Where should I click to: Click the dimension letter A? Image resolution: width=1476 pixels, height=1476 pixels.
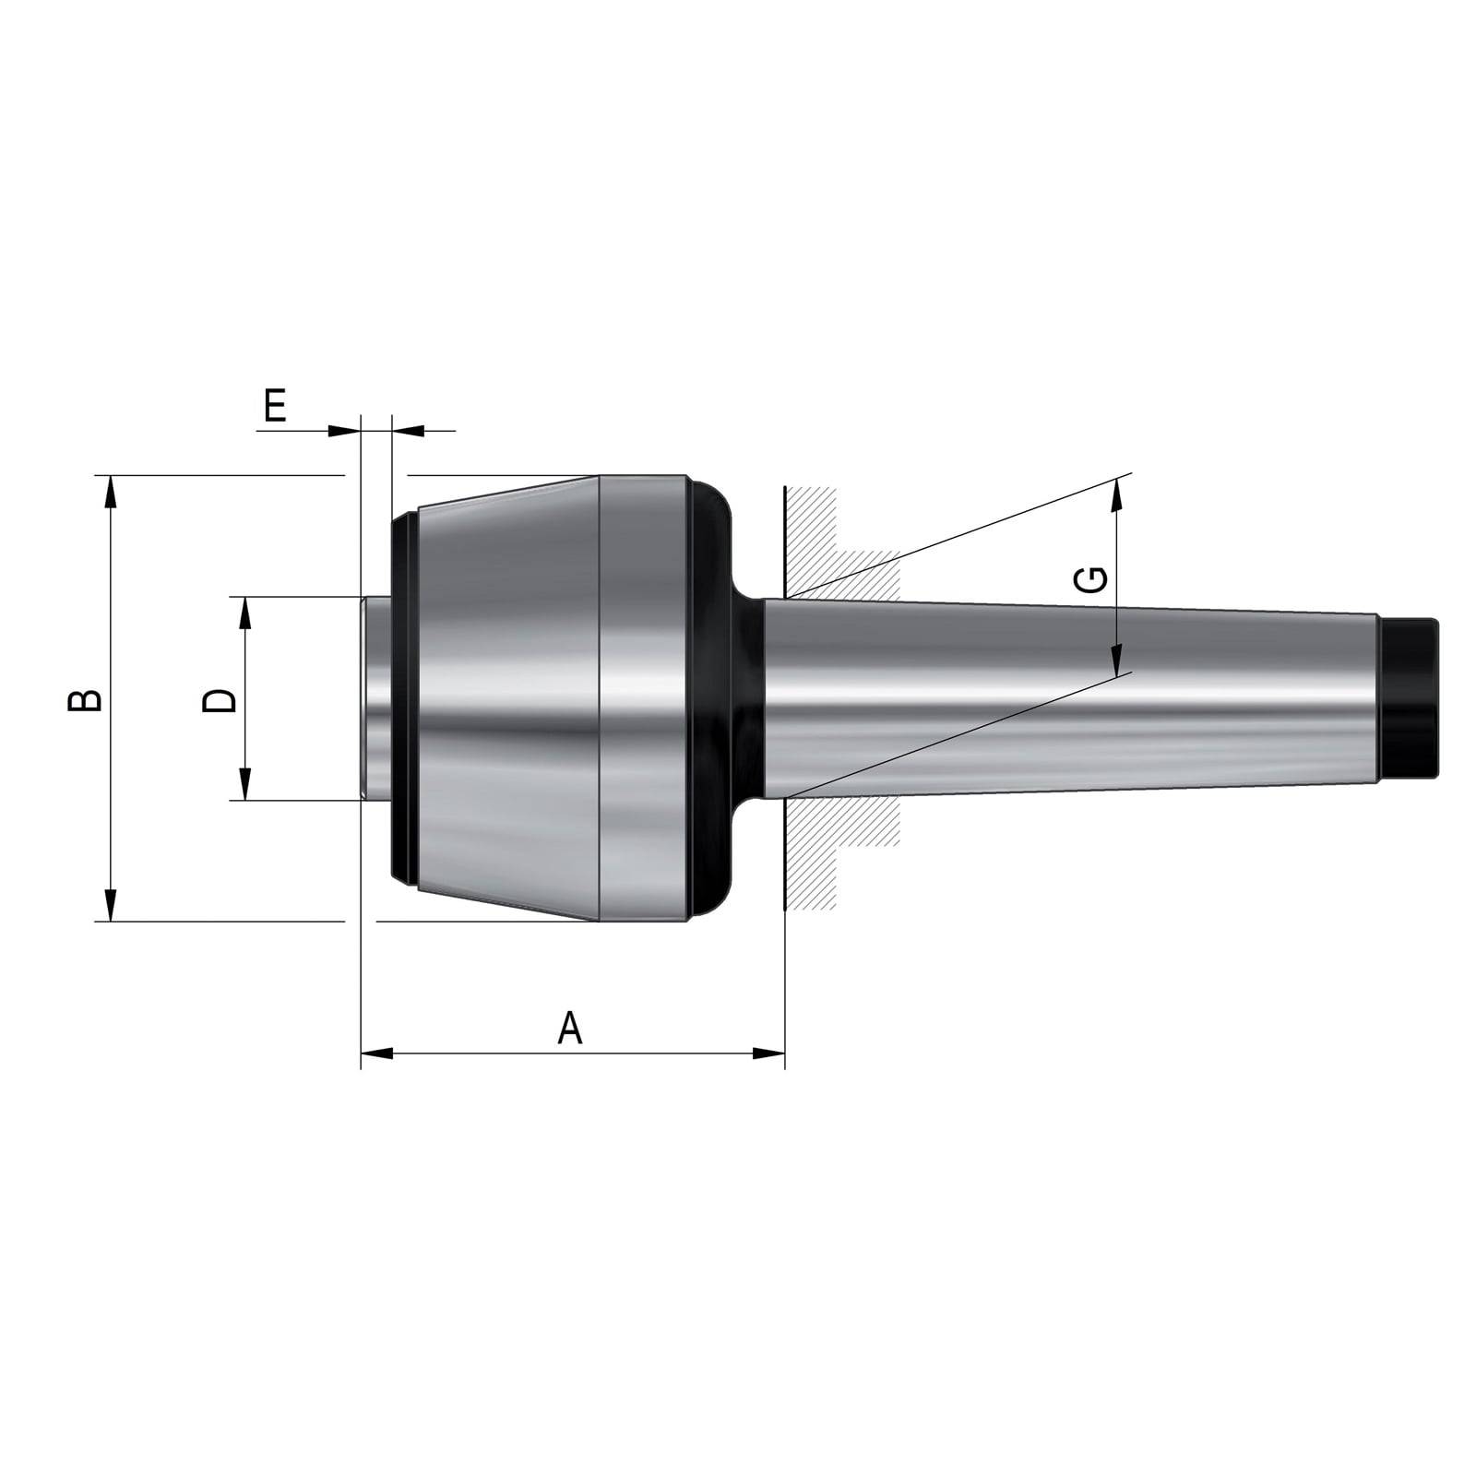point(570,1028)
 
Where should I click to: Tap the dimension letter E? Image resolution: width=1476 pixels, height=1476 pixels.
point(275,405)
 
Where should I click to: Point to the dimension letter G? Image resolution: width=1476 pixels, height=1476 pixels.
point(1091,579)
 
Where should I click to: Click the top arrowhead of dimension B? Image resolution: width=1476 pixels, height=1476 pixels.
point(111,491)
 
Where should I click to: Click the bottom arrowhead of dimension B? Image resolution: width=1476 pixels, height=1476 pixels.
point(111,905)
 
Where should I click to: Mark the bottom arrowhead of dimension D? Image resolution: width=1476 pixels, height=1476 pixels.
point(244,784)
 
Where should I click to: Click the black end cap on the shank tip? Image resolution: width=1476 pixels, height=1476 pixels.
point(1410,697)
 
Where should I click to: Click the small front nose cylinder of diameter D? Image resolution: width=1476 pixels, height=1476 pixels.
point(376,698)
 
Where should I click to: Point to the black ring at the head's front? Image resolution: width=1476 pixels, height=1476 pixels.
point(403,698)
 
